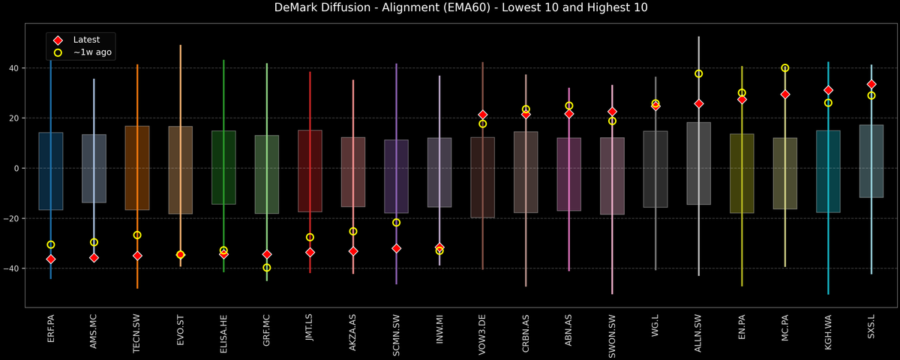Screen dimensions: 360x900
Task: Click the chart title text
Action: point(450,8)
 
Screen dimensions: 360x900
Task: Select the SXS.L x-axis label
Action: point(871,331)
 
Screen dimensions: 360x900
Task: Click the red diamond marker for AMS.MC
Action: point(94,258)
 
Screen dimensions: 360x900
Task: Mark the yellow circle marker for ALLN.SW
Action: point(699,73)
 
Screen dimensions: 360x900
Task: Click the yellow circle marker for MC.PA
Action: point(785,68)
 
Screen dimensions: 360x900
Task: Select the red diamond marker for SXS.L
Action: point(871,84)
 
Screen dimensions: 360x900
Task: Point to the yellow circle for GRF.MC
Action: point(267,268)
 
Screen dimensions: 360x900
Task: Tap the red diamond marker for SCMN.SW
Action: point(397,248)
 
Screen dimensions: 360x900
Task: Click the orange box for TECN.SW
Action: point(137,168)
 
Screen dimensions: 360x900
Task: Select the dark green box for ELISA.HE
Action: point(223,167)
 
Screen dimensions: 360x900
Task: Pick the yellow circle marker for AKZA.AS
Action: point(353,232)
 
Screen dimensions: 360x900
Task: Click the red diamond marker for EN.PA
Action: point(742,100)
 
